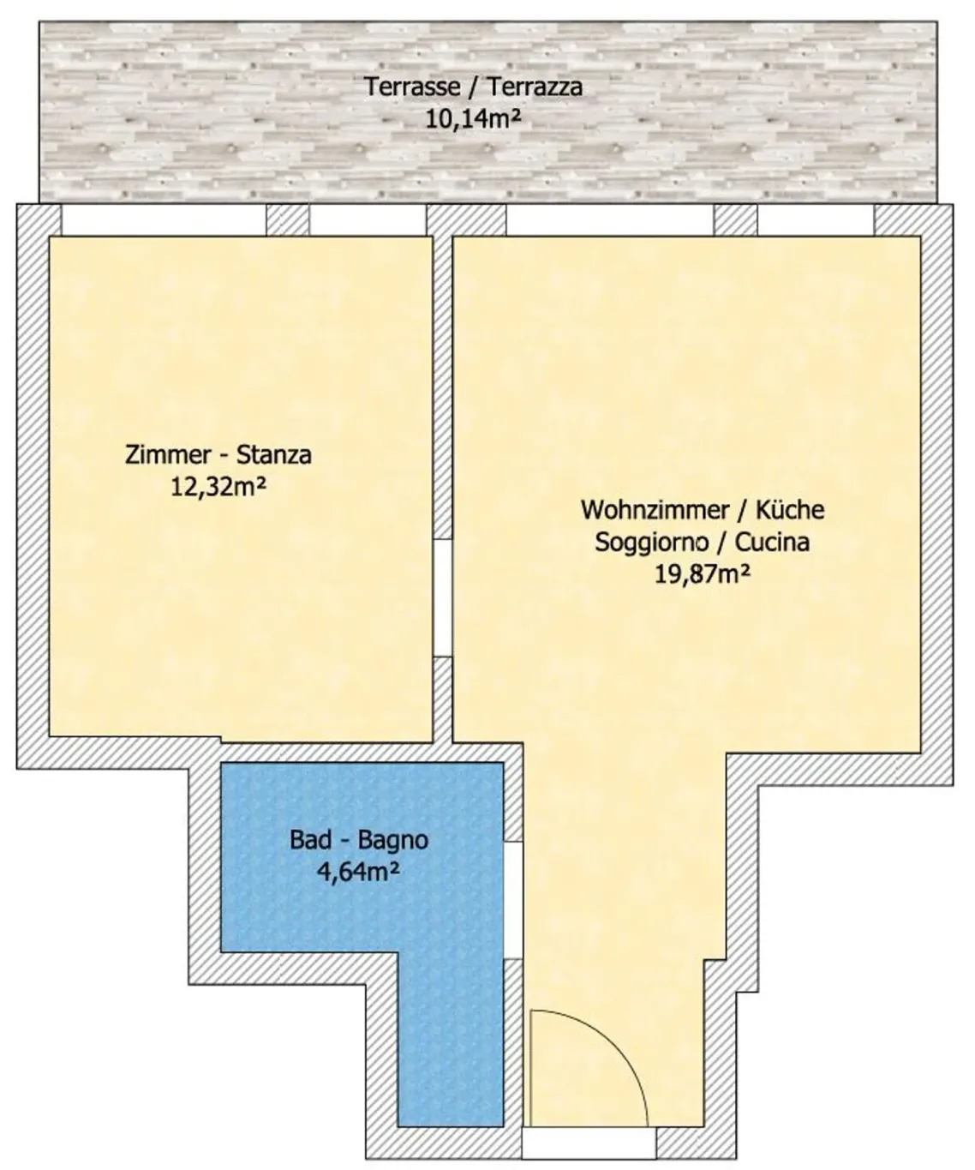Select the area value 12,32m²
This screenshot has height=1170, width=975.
pos(218,487)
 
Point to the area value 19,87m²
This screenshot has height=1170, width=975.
pos(703,573)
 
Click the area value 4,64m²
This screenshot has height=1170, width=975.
pos(358,872)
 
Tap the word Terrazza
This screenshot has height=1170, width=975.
pos(535,87)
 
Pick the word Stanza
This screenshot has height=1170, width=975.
pos(274,454)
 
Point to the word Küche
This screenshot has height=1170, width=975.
pos(790,509)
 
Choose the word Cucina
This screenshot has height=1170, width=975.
pos(772,542)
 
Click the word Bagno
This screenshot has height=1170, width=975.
pos(393,840)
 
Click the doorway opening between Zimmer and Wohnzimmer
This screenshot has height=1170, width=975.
pos(443,597)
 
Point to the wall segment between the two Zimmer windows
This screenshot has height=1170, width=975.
pos(287,219)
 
